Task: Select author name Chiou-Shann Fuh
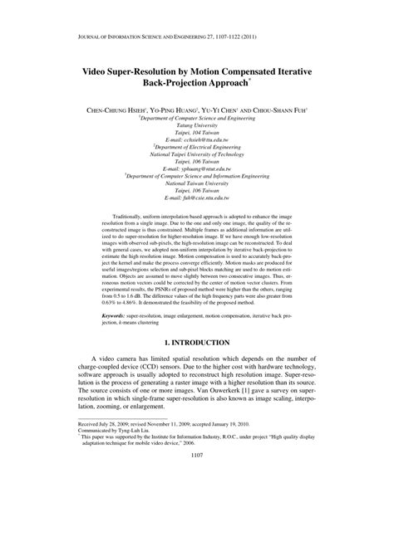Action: [x=278, y=110]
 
